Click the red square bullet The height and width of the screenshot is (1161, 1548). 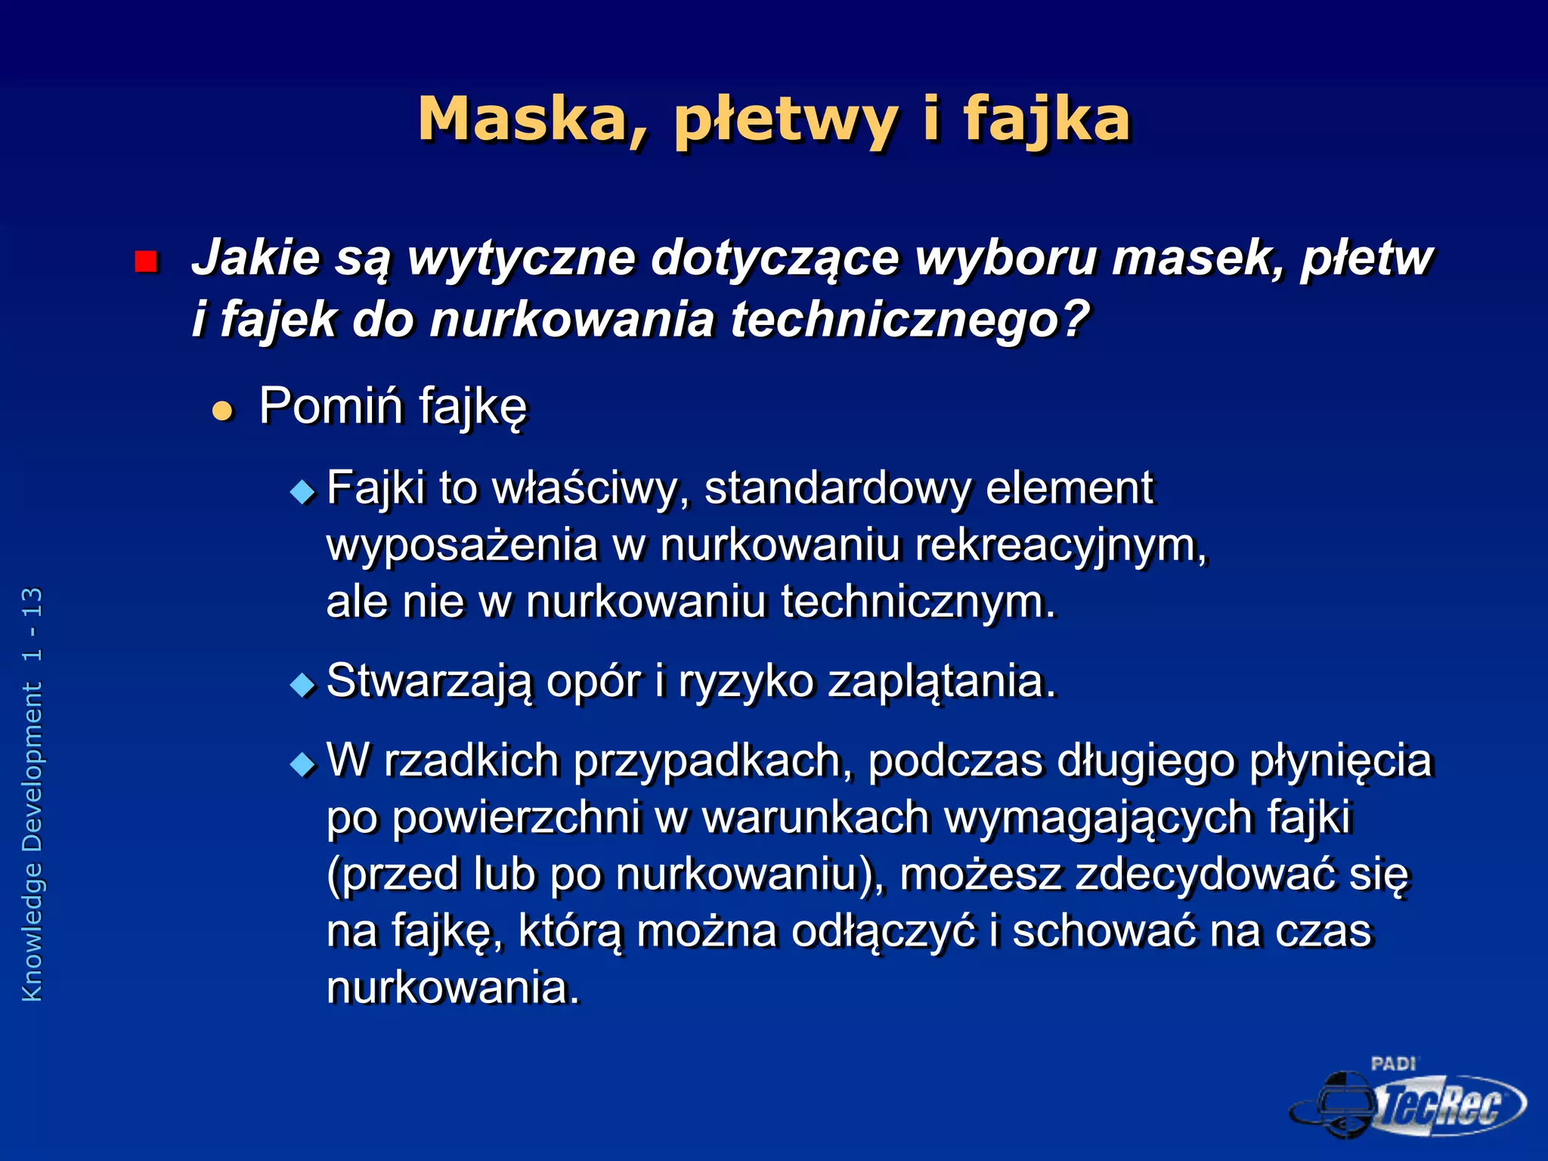click(x=145, y=262)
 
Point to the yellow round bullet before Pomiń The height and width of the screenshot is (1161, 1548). click(x=222, y=411)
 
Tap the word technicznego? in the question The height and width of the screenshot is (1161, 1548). click(x=910, y=319)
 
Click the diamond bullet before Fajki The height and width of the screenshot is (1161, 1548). click(x=303, y=493)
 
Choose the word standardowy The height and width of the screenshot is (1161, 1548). click(x=837, y=488)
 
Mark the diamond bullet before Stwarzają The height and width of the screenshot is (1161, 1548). click(x=303, y=686)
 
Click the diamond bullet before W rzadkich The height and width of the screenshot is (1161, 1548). click(x=303, y=764)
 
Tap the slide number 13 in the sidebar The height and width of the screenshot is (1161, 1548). click(x=33, y=602)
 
